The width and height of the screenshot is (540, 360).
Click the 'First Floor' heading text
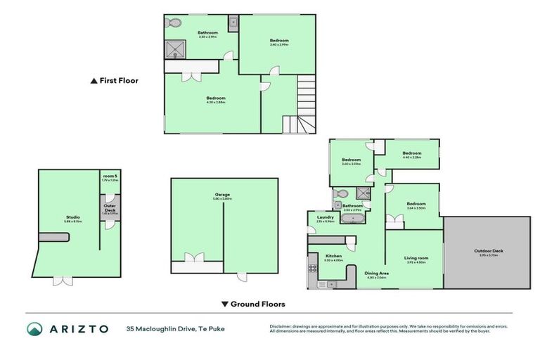point(119,81)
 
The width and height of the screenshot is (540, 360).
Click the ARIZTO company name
point(77,328)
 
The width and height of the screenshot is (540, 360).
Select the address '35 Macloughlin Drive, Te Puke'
point(176,328)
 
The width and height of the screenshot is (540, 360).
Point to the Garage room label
point(223,195)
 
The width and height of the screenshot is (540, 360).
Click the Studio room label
point(73,217)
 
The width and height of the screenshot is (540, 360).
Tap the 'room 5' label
point(110,176)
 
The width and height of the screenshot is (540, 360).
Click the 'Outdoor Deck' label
point(488,251)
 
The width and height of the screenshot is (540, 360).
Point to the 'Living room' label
point(417,258)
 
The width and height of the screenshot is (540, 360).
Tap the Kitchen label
point(333,256)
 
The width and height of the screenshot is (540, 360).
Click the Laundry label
point(325,218)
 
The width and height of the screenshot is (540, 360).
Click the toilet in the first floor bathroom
point(173,22)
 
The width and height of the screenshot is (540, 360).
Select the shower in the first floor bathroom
point(174,49)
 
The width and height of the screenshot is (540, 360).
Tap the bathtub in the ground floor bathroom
point(352,219)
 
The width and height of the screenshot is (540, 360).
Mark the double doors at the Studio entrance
point(63,281)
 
